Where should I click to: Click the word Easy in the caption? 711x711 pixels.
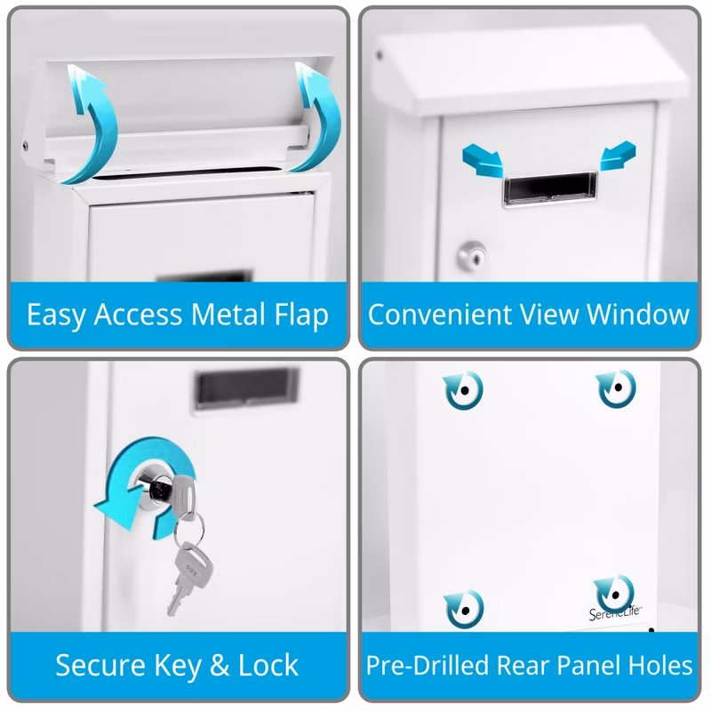(56, 316)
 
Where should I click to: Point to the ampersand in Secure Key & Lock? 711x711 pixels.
(220, 665)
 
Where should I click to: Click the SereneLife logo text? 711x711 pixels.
(614, 613)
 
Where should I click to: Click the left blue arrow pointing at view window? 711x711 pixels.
(483, 160)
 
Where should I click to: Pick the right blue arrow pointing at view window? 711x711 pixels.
(617, 156)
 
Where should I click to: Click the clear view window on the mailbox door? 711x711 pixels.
(549, 188)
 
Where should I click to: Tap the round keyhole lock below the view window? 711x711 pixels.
(472, 256)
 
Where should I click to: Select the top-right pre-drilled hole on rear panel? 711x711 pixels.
(618, 387)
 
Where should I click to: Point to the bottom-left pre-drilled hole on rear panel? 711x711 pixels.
(465, 610)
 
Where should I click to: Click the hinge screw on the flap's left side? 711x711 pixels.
(25, 146)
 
